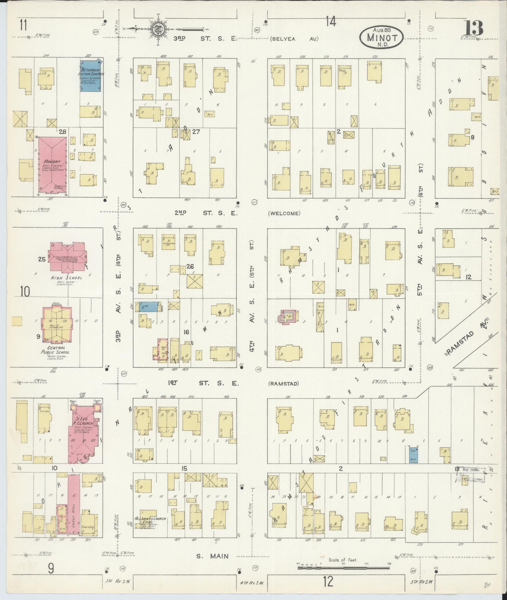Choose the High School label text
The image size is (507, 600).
(67, 278)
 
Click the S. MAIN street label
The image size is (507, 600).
(213, 556)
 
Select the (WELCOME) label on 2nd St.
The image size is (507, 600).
(284, 213)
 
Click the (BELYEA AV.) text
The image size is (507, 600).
(294, 39)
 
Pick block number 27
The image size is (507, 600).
(196, 132)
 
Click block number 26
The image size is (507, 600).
(190, 266)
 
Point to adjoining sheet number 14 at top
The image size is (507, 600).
(331, 22)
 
